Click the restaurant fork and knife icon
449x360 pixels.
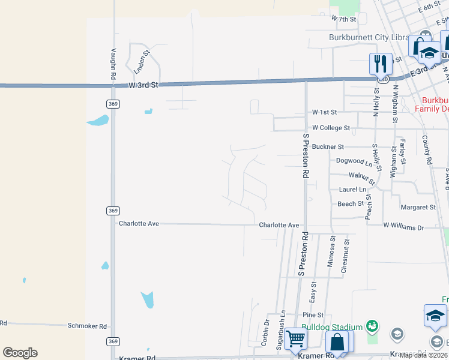tap(380, 63)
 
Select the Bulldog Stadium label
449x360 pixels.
tap(332, 327)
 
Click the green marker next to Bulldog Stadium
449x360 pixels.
tap(372, 326)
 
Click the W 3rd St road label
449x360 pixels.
tap(143, 85)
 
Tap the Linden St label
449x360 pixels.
tap(142, 62)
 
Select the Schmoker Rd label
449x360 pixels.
tap(87, 326)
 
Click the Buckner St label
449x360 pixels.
tap(328, 146)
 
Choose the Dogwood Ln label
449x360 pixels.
tap(354, 161)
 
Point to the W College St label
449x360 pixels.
tap(331, 128)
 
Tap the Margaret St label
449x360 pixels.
tap(418, 207)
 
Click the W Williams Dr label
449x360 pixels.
tap(403, 227)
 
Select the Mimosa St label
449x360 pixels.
tap(331, 251)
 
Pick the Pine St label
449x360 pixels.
tap(313, 314)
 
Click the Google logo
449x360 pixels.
tap(20, 353)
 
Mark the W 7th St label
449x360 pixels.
tap(343, 19)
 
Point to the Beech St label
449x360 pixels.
tap(351, 204)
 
